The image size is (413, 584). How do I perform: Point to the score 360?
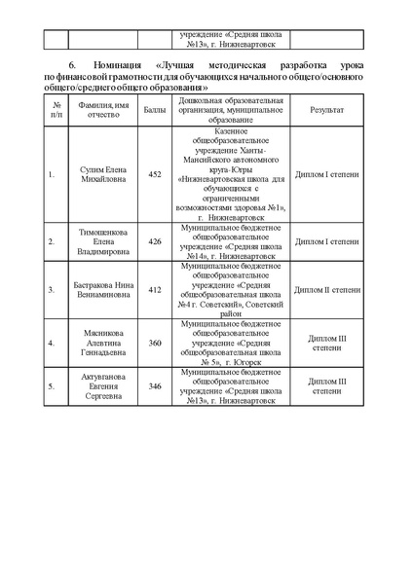click(155, 343)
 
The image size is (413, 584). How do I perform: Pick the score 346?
click(155, 386)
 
